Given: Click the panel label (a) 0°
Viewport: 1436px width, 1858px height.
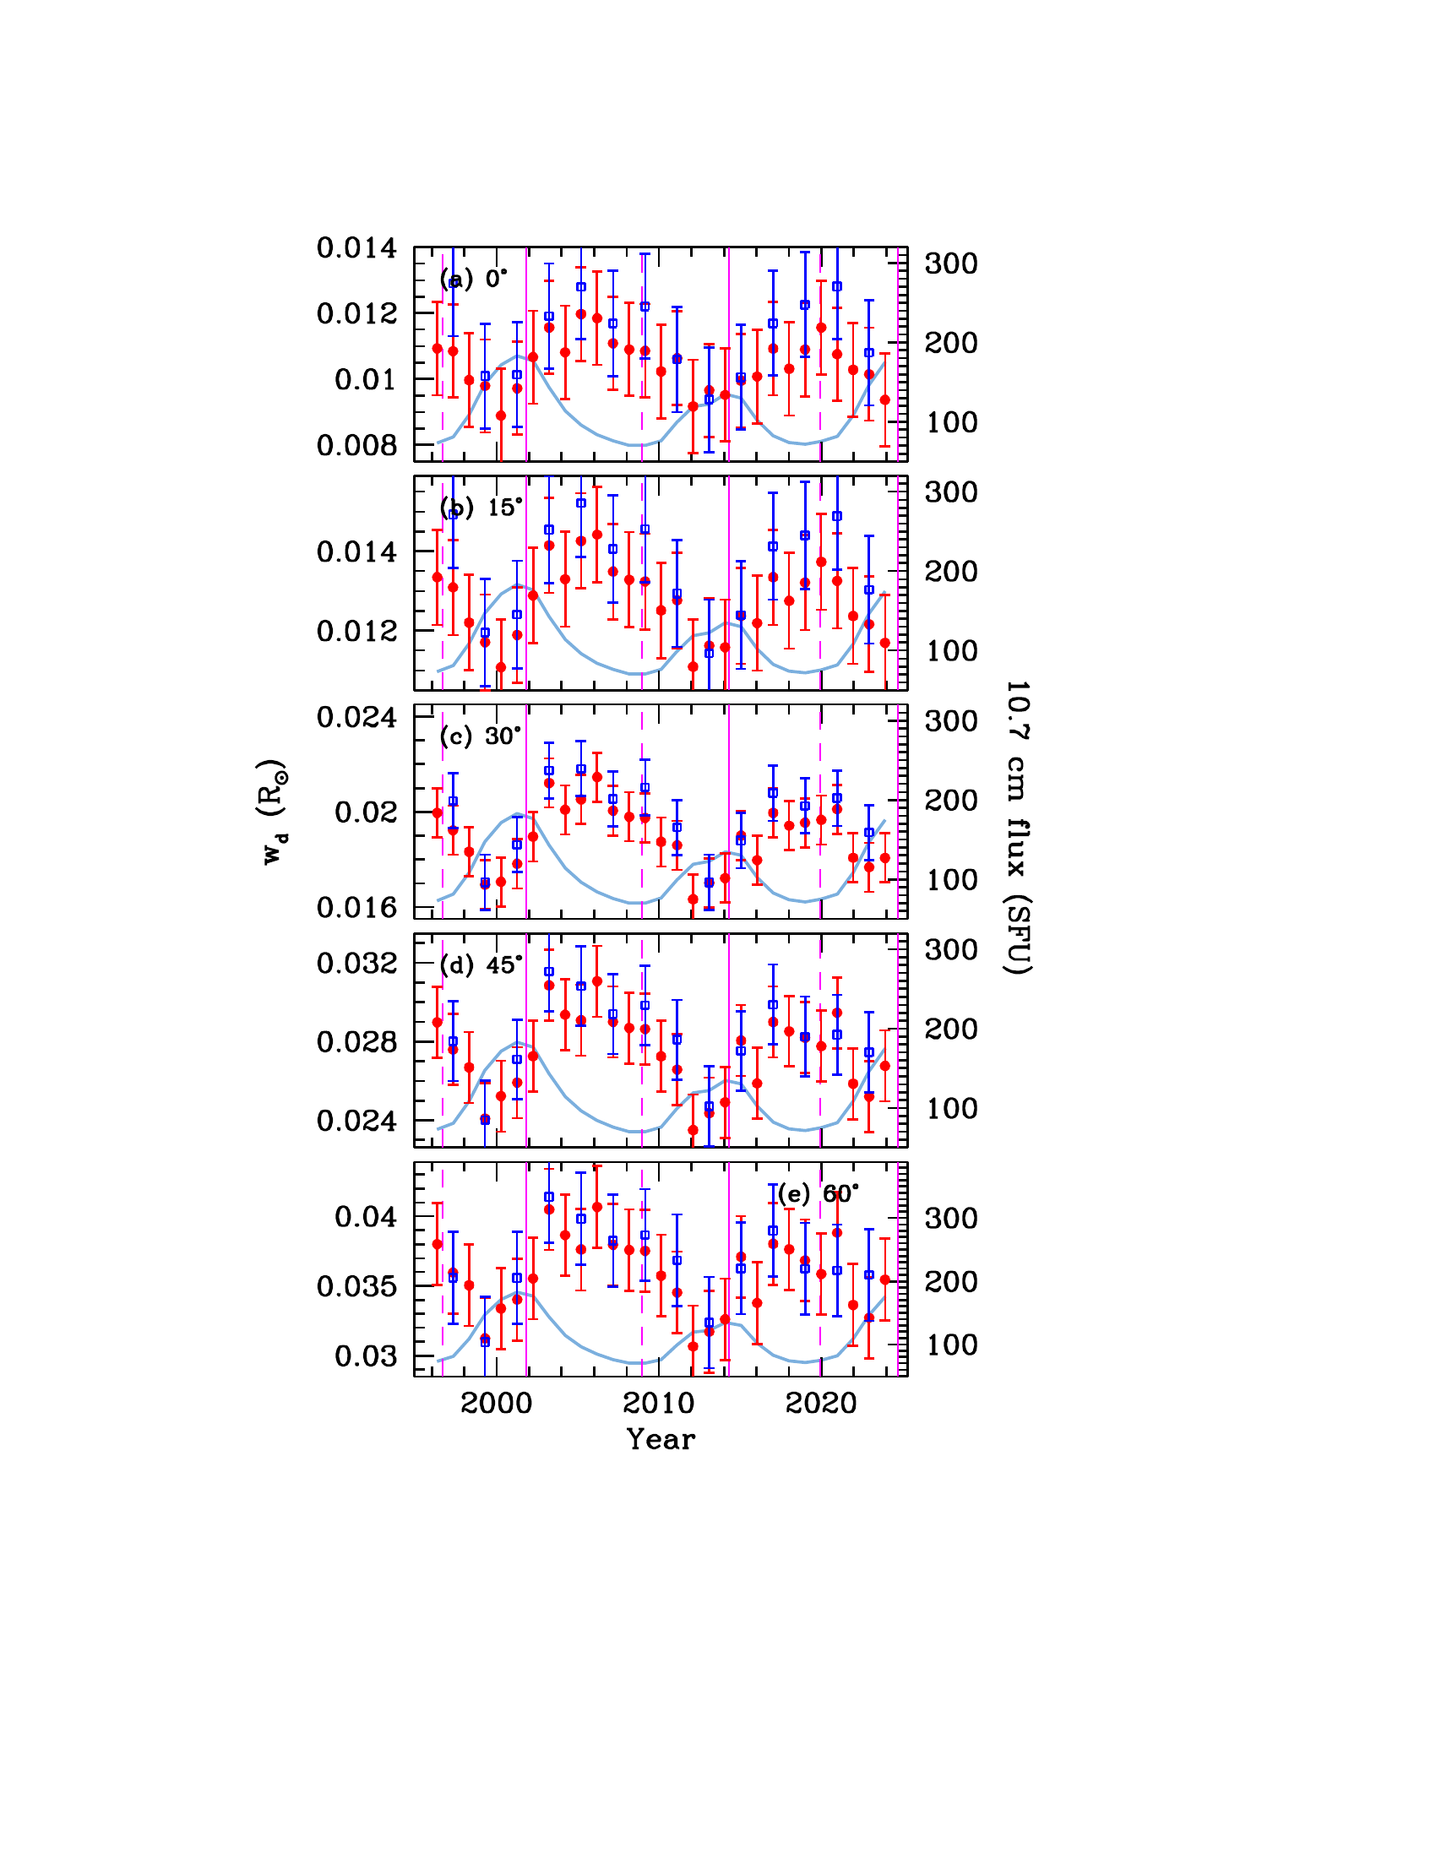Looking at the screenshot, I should point(473,279).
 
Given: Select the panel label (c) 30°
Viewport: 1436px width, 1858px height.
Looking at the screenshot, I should point(480,736).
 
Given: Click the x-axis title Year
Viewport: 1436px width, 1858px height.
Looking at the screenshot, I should point(661,1439).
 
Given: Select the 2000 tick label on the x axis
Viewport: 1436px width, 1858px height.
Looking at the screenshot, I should point(497,1403).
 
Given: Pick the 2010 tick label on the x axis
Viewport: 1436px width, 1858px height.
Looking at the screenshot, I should point(660,1403).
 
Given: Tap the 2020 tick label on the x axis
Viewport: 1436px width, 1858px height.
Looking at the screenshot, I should point(821,1403).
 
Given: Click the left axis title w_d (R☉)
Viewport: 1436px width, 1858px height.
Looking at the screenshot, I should point(273,812).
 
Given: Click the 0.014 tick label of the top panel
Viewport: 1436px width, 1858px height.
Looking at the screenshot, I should point(356,247).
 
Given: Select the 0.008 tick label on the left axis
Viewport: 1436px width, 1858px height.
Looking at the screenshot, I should point(356,445).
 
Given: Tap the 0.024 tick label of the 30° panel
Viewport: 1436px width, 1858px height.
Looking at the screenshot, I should point(356,717).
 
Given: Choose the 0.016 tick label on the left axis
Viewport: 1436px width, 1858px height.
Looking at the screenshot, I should point(356,908).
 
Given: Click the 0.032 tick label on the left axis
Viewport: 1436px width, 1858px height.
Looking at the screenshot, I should point(356,963).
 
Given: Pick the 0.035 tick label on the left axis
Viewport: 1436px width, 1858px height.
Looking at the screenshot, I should point(356,1286).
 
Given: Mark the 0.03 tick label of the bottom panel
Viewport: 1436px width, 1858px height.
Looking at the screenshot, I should point(366,1356).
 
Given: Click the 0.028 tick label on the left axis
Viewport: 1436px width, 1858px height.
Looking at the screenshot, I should point(356,1042).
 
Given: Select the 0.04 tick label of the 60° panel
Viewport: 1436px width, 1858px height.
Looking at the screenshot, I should point(366,1216).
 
